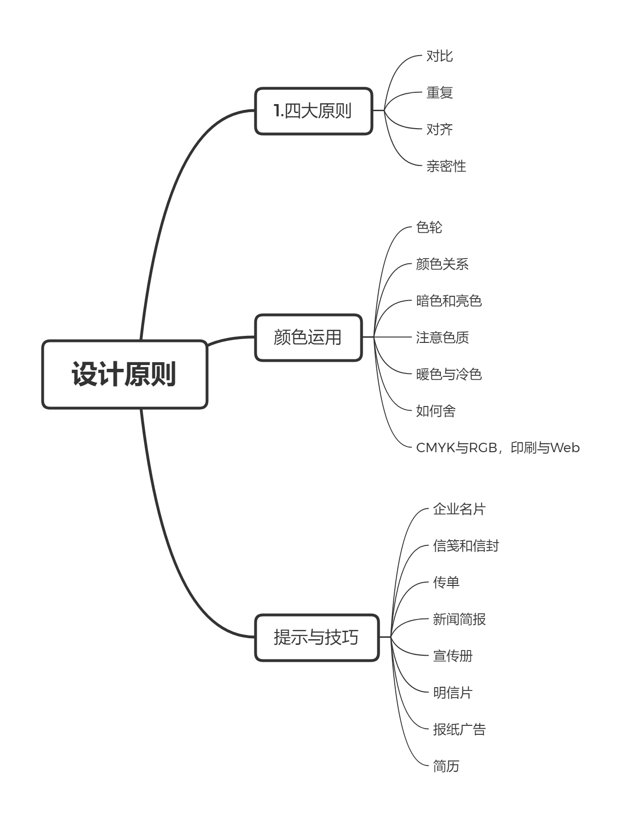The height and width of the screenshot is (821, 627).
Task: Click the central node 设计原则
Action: click(x=125, y=374)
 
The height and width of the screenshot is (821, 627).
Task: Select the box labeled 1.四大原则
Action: click(x=314, y=111)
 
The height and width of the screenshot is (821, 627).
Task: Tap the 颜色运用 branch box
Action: click(x=309, y=338)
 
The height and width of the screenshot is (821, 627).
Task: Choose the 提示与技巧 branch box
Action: click(x=317, y=637)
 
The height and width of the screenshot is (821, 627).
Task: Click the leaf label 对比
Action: click(x=440, y=56)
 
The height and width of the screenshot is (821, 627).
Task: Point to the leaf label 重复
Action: click(x=440, y=93)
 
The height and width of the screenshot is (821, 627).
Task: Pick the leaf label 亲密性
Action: click(x=446, y=166)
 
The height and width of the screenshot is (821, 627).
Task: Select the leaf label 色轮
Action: click(x=429, y=228)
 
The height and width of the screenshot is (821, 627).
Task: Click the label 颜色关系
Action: click(x=442, y=264)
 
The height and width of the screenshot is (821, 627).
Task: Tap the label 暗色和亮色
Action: click(x=449, y=301)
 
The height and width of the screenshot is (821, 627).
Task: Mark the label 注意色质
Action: click(x=442, y=338)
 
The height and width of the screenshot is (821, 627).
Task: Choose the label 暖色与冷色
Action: click(x=449, y=374)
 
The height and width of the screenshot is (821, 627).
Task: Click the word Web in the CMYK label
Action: click(x=565, y=447)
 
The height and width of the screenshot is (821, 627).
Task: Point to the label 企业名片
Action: click(x=459, y=509)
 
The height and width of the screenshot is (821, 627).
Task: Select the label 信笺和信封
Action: click(x=466, y=546)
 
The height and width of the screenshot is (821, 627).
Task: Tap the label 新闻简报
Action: click(x=459, y=619)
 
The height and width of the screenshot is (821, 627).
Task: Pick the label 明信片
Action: click(x=453, y=693)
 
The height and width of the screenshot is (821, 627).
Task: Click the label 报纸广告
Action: click(x=459, y=730)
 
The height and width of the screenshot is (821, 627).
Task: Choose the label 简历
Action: click(x=446, y=766)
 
